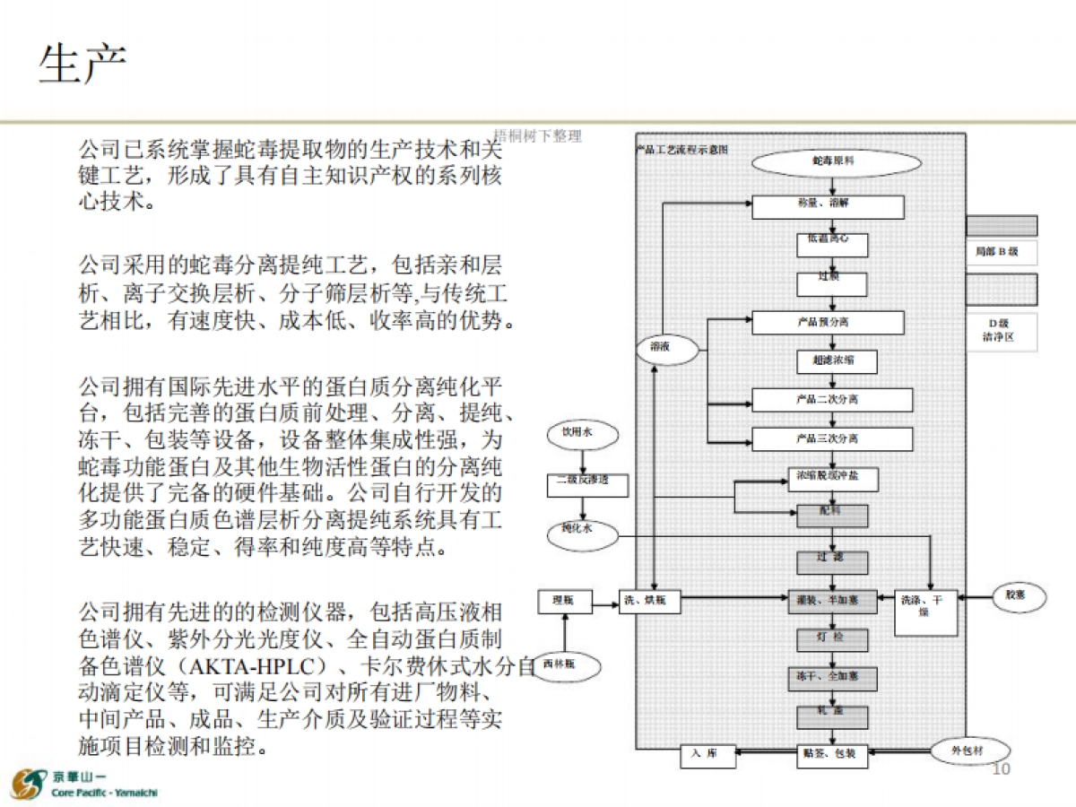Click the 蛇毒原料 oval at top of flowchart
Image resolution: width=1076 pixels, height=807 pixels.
point(835,162)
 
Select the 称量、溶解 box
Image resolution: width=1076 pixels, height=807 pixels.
point(828,206)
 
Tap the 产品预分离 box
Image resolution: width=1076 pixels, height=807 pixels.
point(828,323)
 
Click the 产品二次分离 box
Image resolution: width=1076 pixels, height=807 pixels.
point(831,400)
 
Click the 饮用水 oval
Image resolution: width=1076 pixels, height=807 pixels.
point(579,434)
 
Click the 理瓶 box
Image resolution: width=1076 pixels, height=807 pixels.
point(565,601)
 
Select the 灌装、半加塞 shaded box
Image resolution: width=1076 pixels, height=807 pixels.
point(832,601)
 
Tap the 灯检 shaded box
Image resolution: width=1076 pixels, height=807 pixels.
point(832,638)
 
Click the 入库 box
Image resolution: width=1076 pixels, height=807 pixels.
point(707,755)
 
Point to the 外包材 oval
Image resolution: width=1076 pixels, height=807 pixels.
point(968,751)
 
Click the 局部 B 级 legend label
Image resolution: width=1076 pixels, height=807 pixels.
point(1001,252)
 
